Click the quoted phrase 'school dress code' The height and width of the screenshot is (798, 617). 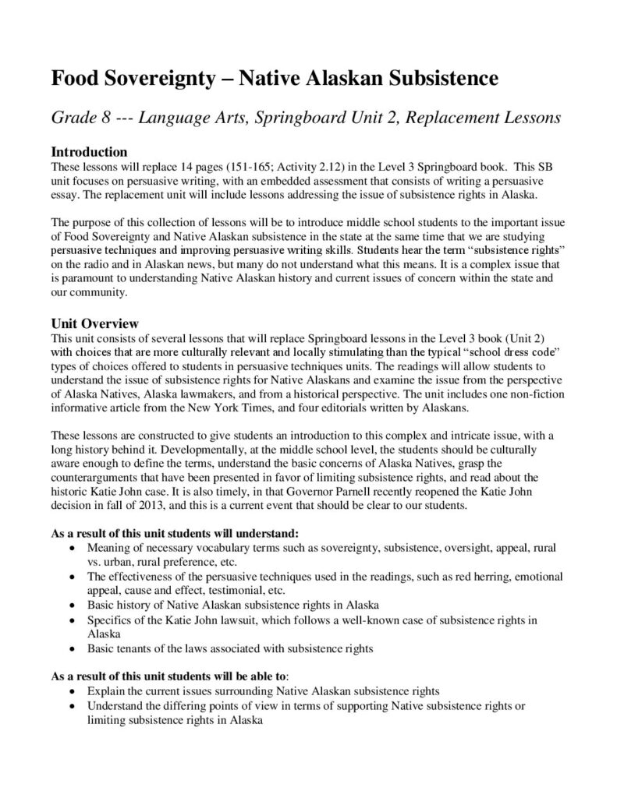coord(508,353)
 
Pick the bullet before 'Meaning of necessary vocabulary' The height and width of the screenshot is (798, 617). coord(73,549)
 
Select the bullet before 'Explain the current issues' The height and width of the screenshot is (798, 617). coord(73,691)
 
